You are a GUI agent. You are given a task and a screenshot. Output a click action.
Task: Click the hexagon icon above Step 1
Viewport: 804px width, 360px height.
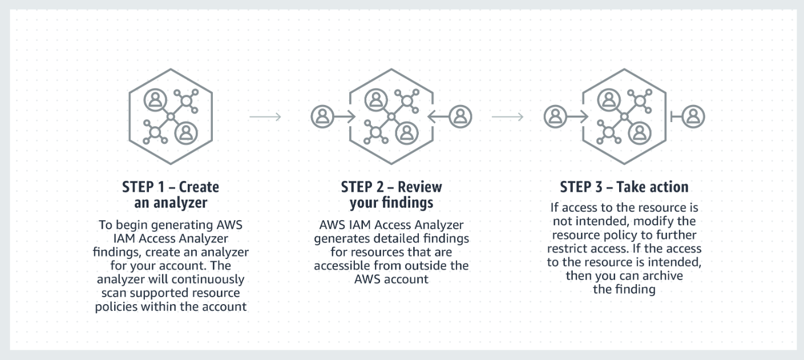click(x=170, y=116)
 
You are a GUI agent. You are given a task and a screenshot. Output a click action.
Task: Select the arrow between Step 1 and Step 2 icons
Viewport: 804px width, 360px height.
click(x=265, y=117)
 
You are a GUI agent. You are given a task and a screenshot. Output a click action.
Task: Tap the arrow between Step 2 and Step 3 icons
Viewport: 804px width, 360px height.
click(x=507, y=117)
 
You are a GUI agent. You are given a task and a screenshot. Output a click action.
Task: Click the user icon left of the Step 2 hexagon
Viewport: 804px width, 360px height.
click(x=322, y=117)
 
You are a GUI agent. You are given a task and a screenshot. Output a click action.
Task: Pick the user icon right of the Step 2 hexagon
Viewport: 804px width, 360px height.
click(x=460, y=117)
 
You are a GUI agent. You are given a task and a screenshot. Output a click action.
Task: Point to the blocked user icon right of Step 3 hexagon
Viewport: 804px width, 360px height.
click(x=693, y=117)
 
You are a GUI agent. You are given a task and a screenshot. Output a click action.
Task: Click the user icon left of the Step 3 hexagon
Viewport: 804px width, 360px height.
click(x=555, y=117)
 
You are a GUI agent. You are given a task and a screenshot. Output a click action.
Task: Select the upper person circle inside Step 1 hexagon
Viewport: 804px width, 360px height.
click(x=155, y=100)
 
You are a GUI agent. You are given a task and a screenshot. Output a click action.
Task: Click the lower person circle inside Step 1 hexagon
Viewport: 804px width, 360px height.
click(x=185, y=133)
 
